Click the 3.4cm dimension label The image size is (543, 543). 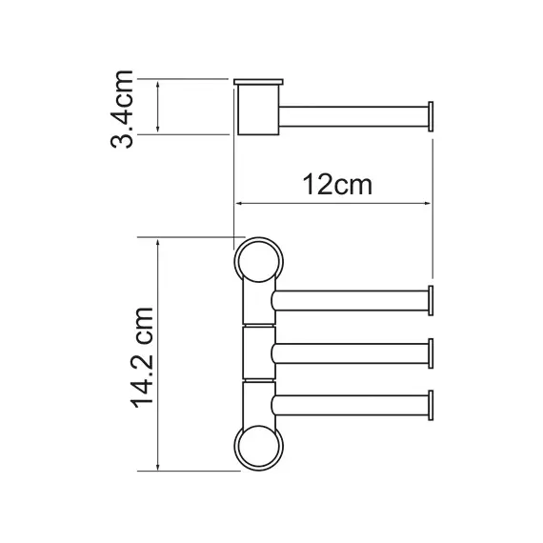[122, 110]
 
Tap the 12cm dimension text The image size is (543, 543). [337, 185]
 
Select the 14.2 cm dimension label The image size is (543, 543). [142, 358]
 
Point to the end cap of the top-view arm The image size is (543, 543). [431, 117]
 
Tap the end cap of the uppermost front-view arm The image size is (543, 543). [431, 301]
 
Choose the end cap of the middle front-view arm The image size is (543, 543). [431, 353]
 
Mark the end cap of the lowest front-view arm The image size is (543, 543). [431, 405]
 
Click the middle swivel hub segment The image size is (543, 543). [259, 352]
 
